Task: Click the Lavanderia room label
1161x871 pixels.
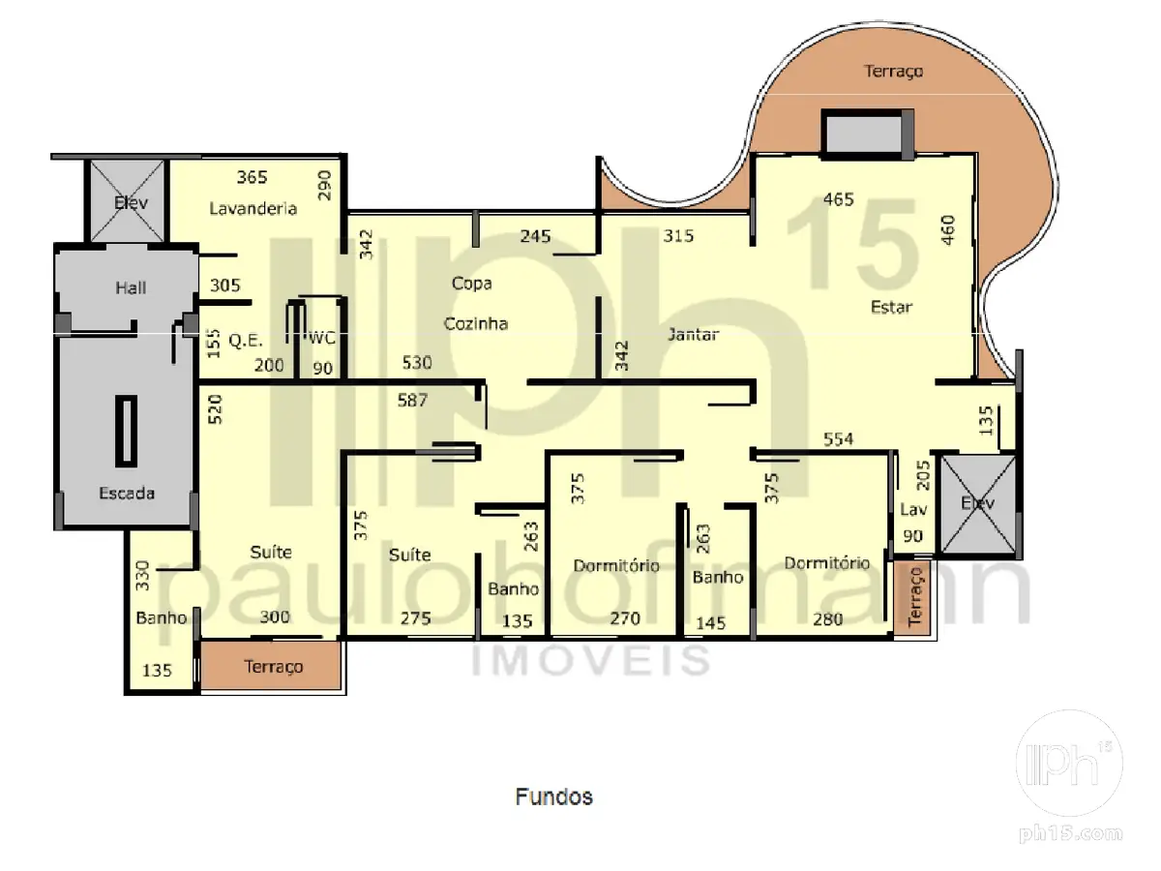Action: tap(253, 208)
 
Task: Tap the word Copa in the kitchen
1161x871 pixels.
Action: tap(472, 284)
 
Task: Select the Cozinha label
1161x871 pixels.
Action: tap(475, 323)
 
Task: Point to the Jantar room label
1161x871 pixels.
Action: tap(693, 334)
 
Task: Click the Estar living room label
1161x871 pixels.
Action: tap(891, 307)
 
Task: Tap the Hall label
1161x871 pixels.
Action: tap(131, 287)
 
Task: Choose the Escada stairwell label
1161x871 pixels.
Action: tap(127, 493)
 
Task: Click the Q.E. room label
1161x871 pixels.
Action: tap(246, 340)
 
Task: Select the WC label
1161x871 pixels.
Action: tap(322, 338)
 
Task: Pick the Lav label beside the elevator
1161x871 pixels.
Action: tap(913, 509)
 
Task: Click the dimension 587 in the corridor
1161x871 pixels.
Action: tap(412, 400)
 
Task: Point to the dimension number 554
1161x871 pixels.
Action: tap(839, 438)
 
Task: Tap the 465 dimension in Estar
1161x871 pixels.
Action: tap(839, 199)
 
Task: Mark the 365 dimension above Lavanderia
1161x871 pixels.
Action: tap(252, 177)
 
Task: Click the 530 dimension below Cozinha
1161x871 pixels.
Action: tap(417, 362)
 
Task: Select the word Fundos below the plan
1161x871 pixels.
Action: tap(554, 796)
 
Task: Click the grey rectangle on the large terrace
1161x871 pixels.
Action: tap(864, 135)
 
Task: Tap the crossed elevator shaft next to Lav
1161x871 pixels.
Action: tap(978, 505)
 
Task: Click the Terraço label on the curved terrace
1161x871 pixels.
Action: tap(893, 71)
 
